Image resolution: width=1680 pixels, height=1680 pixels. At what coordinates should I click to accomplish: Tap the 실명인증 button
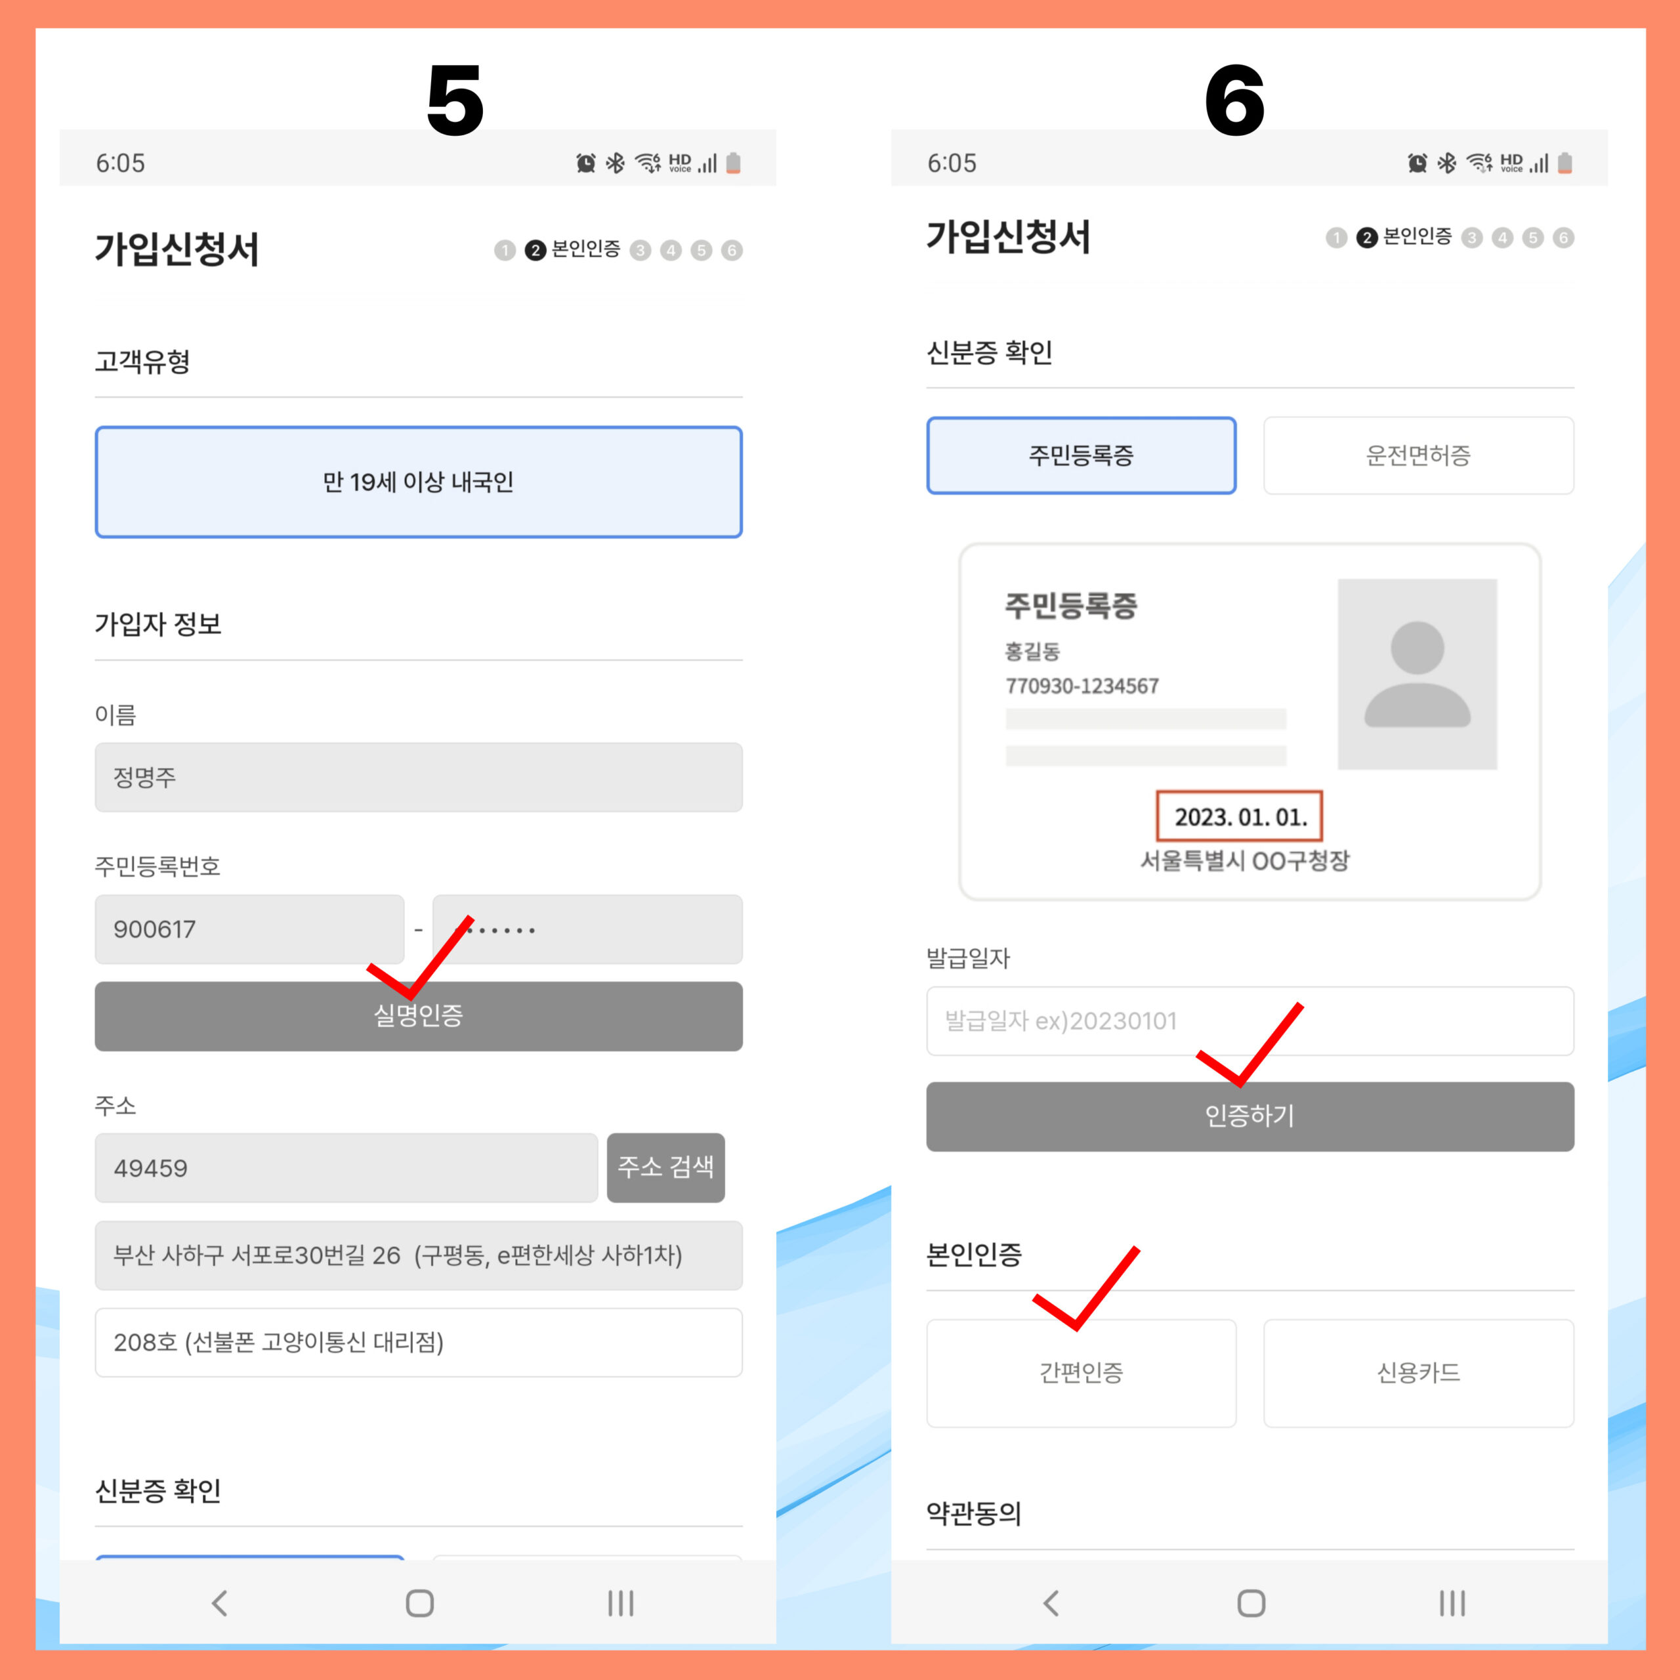(418, 1016)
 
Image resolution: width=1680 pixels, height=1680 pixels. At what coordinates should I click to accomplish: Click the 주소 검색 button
(665, 1167)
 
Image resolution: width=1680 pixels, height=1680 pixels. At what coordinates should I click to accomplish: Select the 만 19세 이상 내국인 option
(418, 482)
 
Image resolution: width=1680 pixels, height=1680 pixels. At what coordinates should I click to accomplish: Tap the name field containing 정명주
(418, 776)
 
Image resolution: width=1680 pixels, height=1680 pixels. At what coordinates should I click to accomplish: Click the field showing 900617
(249, 929)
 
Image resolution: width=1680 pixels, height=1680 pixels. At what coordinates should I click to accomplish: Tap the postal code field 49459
(346, 1167)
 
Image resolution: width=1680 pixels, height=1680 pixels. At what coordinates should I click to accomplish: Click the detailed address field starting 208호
(418, 1342)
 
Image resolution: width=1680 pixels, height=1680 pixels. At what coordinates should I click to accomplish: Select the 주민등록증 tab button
(1081, 455)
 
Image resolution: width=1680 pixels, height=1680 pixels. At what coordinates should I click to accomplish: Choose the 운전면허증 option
(1418, 455)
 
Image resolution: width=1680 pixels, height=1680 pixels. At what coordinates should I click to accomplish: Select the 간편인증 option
(1081, 1373)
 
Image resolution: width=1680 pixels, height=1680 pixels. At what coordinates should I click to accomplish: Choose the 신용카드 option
(1418, 1373)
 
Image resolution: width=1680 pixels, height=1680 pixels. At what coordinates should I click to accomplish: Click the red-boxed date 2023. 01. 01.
(1239, 816)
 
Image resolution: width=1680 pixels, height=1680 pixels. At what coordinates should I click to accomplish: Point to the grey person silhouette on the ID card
(1417, 674)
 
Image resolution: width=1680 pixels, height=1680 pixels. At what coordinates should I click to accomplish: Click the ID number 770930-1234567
(1081, 686)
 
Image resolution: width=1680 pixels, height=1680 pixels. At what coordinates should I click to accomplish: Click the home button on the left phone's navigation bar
(419, 1603)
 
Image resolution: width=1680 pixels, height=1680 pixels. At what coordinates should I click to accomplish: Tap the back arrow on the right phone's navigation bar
(1051, 1603)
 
